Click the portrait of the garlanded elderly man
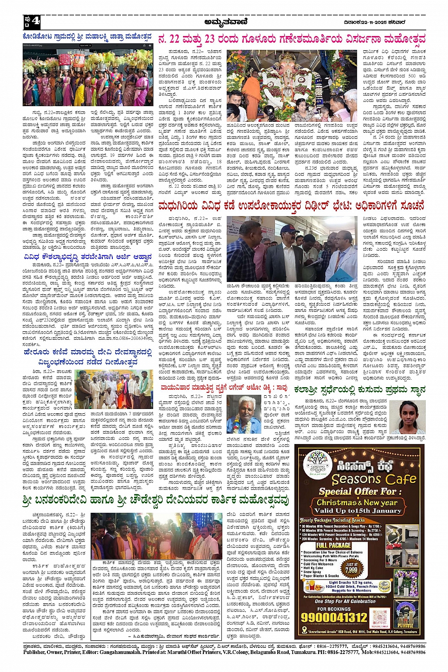[244, 415]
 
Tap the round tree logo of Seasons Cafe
[318, 463]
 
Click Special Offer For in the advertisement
[357, 491]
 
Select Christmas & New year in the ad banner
[357, 502]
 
